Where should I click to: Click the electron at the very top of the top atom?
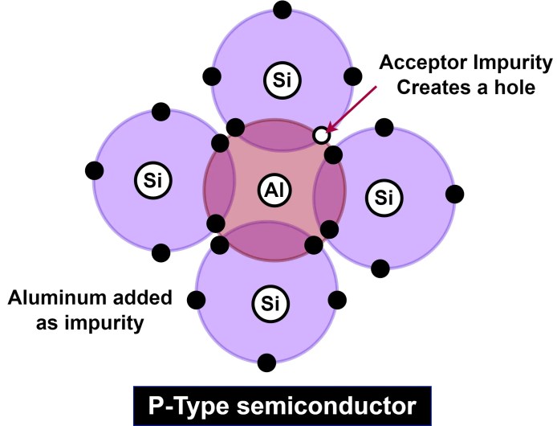tap(281, 10)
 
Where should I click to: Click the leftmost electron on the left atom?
tap(94, 170)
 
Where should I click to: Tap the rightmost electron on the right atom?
tap(454, 194)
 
